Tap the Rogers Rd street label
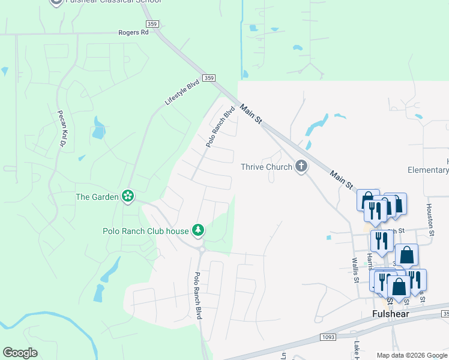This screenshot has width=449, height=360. point(133,32)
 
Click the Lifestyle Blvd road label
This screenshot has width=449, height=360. point(182,93)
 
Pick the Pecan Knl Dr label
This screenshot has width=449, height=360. point(61,128)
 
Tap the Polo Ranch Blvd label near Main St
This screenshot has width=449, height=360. point(220,127)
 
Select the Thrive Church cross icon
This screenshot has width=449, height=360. point(301,167)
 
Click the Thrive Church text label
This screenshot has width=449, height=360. point(267,167)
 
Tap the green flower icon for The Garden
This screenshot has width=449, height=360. point(127,196)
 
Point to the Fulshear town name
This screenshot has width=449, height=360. point(391,314)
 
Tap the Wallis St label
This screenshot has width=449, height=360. point(355,269)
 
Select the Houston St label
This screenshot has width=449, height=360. point(430,214)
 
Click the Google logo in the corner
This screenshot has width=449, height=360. point(20,353)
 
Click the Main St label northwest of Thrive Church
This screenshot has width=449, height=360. point(252,114)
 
